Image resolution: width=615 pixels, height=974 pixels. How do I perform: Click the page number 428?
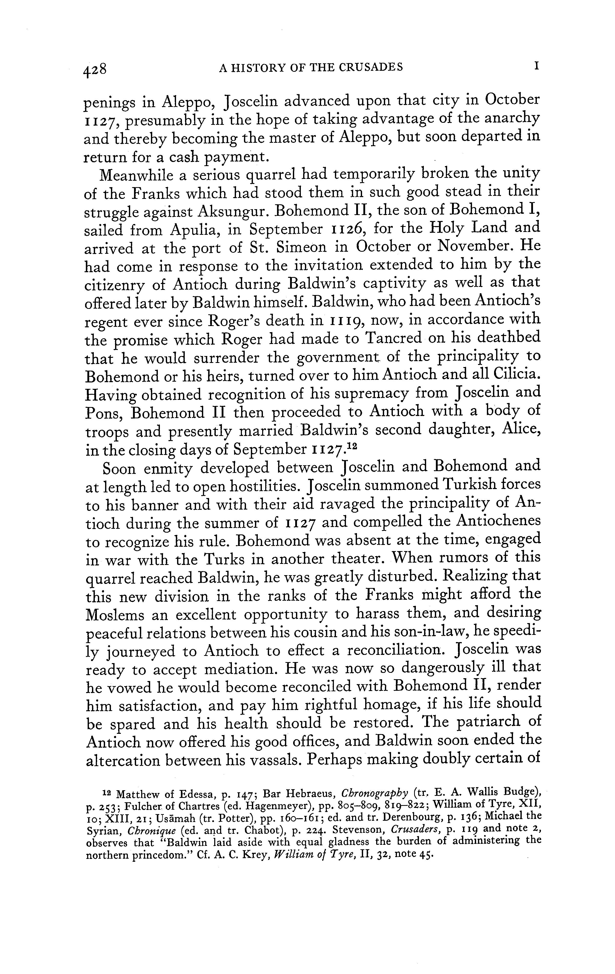[95, 69]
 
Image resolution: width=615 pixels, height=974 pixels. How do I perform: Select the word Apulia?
[194, 230]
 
